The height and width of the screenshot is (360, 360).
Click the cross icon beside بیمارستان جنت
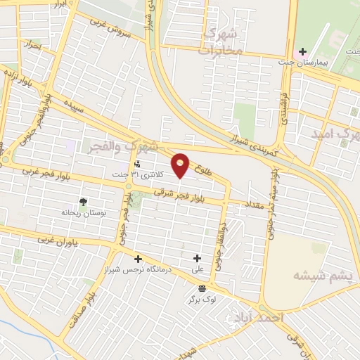point(303,52)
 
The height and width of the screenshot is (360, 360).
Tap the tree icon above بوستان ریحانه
point(84,202)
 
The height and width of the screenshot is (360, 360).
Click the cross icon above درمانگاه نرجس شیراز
point(138,259)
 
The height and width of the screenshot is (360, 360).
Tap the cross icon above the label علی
point(198,259)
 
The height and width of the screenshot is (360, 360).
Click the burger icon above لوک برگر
point(202,289)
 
